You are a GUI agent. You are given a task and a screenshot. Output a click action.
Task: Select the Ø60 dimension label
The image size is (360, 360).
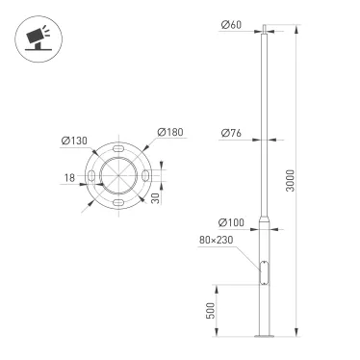point(232,26)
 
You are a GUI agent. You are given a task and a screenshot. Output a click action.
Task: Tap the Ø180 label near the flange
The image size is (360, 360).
point(169,133)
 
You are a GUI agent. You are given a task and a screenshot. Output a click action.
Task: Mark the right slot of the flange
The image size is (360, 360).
point(142,177)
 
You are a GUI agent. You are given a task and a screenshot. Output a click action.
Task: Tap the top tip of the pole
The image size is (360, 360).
point(259,20)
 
